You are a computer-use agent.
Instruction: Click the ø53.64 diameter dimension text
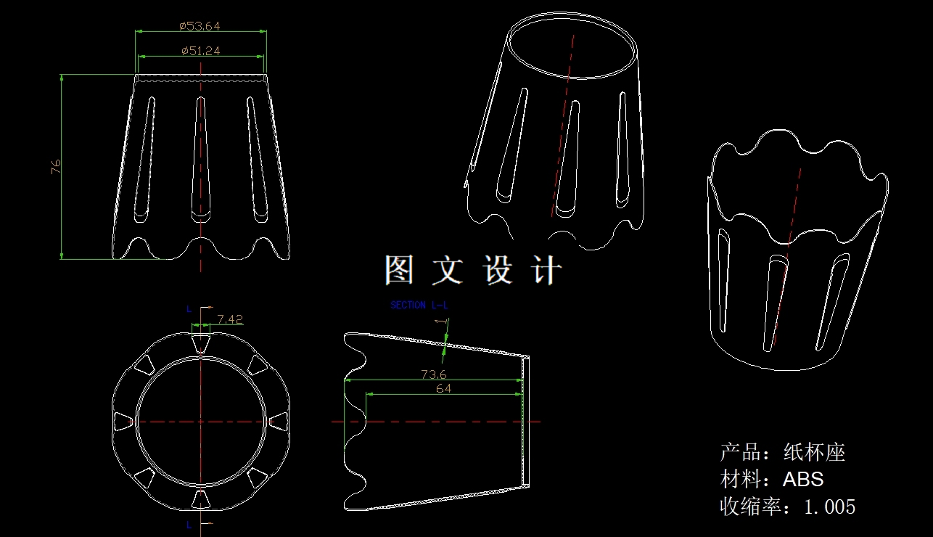[x=200, y=26]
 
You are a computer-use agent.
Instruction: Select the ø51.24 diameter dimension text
[x=200, y=51]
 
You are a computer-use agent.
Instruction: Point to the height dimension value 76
[x=56, y=167]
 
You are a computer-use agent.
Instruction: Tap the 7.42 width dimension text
[x=230, y=319]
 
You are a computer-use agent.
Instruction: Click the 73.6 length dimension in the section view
[x=434, y=374]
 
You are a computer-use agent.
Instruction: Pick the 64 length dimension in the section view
[x=443, y=389]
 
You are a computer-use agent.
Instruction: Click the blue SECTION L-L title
[x=419, y=305]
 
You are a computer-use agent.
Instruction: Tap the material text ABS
[x=803, y=479]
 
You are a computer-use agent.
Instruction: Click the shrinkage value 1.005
[x=829, y=507]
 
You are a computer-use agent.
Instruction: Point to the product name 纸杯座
[x=814, y=452]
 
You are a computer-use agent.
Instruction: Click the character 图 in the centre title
[x=399, y=270]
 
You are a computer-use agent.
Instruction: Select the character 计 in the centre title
[x=546, y=270]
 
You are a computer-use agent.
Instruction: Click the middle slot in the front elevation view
[x=201, y=159]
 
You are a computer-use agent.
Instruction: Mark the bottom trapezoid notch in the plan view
[x=201, y=499]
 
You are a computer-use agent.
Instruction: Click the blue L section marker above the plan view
[x=189, y=308]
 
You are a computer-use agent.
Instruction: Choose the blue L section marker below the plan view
[x=189, y=525]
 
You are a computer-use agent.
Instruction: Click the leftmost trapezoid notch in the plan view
[x=123, y=422]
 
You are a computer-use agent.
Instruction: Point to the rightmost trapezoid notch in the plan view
[x=279, y=422]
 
